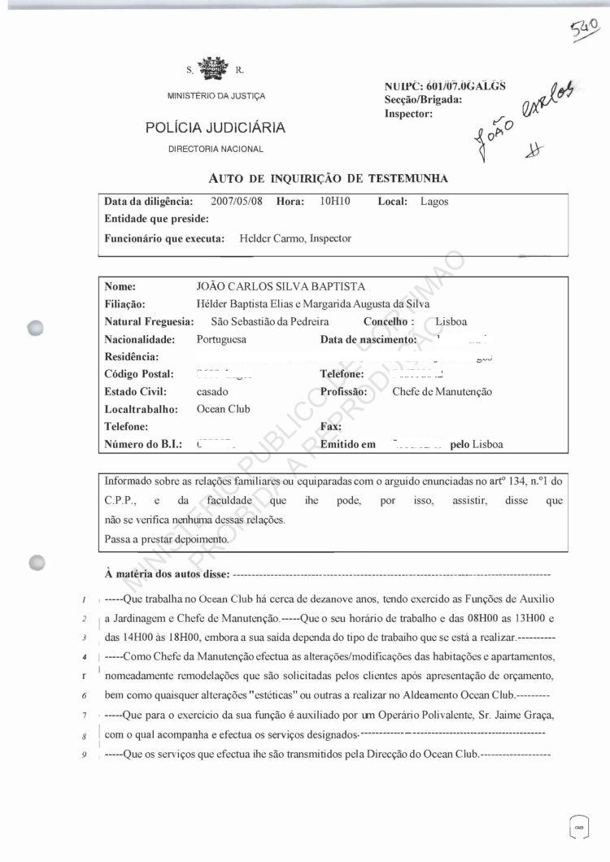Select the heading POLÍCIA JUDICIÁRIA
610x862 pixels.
(215, 128)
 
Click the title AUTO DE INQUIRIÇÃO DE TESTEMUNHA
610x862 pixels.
(329, 178)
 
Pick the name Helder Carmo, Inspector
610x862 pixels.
(294, 239)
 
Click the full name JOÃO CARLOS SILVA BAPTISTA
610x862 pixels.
(281, 286)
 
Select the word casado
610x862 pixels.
(212, 392)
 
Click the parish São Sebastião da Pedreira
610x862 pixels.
(268, 322)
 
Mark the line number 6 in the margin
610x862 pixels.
(85, 697)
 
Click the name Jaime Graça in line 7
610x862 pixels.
(531, 714)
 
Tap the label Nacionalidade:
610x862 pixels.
(140, 339)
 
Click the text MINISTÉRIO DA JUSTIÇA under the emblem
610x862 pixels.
(216, 97)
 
